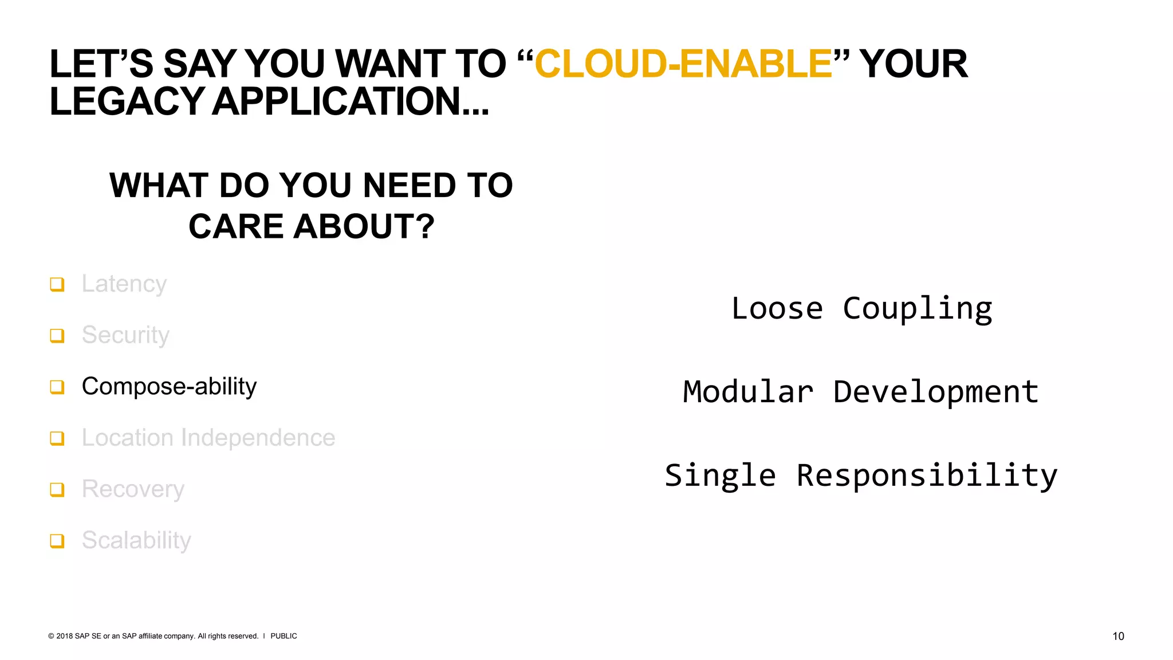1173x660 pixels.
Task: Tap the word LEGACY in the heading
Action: coord(127,101)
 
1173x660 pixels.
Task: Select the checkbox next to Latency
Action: coord(57,284)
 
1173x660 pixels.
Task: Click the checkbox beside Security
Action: coord(57,335)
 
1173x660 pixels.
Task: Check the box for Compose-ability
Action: coord(57,387)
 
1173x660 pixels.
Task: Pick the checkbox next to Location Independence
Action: coord(57,438)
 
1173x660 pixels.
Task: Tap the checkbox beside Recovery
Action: coord(57,489)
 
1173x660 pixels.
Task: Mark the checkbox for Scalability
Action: coord(57,541)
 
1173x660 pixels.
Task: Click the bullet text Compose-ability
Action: coord(169,387)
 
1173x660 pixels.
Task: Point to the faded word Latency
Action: coord(124,284)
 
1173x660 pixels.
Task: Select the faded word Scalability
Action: coord(136,540)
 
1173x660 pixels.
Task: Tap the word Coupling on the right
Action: coord(917,309)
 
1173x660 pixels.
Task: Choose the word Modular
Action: coord(748,392)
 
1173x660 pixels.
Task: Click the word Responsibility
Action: coord(927,476)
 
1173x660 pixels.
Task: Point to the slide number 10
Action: coord(1118,636)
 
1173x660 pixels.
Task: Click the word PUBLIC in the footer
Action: coord(284,636)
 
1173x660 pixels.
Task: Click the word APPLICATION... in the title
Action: coord(351,101)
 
